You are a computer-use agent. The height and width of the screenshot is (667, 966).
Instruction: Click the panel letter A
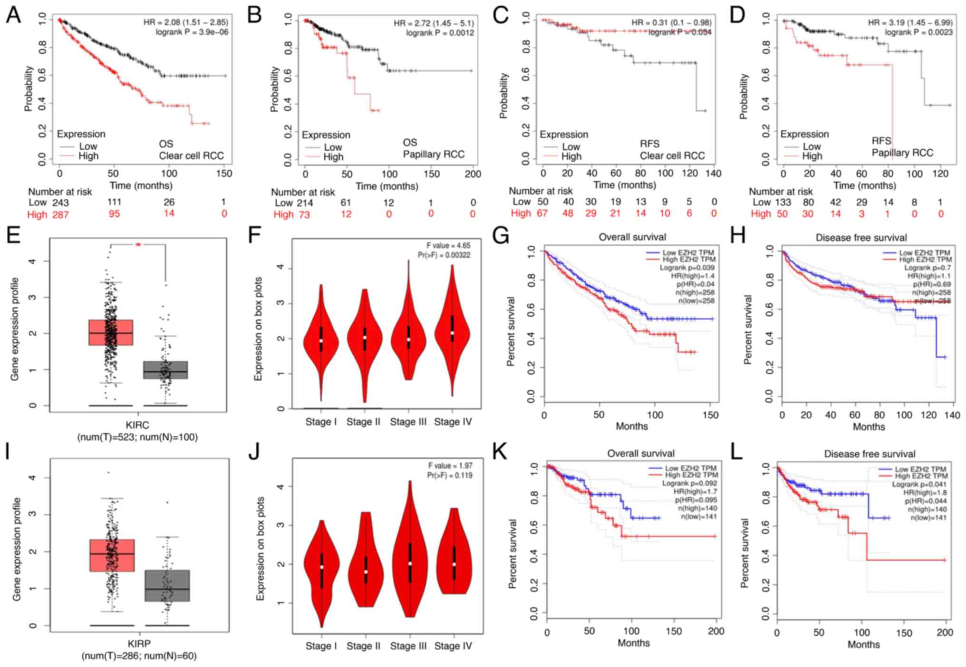tap(13, 15)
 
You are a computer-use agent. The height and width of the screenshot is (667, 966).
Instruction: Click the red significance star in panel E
tap(138, 244)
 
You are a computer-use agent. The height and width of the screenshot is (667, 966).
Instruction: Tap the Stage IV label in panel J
tap(453, 646)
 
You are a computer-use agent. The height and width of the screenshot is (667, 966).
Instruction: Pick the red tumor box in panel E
tap(111, 332)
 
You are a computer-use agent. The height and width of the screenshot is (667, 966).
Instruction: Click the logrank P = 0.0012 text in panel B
tap(440, 33)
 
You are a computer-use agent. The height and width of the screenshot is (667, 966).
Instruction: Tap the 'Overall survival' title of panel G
tap(632, 237)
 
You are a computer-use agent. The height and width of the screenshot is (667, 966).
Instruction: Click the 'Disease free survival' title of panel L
tap(869, 454)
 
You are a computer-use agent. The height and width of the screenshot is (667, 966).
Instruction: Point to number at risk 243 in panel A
tap(60, 203)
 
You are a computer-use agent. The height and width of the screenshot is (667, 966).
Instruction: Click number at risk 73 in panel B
tap(304, 214)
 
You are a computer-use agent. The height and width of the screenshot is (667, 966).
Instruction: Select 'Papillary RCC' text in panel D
tap(902, 153)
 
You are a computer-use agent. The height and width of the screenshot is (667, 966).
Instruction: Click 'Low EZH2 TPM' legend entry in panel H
tap(924, 253)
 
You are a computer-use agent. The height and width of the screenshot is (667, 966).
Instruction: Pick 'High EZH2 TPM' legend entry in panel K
tap(691, 475)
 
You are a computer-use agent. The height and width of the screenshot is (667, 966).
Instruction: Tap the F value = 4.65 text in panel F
tap(448, 246)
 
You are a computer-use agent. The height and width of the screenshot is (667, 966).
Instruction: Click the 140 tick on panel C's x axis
tap(714, 174)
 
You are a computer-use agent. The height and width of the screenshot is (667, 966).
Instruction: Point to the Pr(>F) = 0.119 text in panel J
tap(449, 475)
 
